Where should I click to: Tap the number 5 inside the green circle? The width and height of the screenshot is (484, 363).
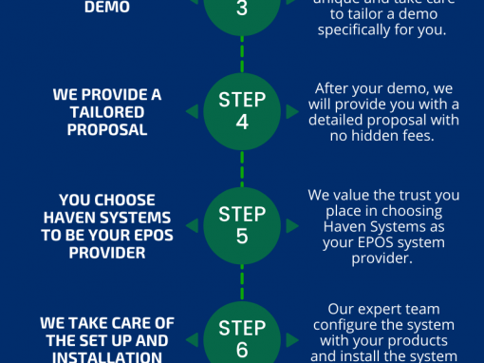pyautogui.click(x=242, y=235)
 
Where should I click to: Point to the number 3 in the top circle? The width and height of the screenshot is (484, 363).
pyautogui.click(x=242, y=8)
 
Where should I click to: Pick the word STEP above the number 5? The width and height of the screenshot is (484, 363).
pyautogui.click(x=242, y=213)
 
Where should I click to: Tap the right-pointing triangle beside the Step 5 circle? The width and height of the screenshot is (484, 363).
pyautogui.click(x=292, y=223)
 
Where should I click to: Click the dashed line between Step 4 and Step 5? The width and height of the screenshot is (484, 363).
pyautogui.click(x=242, y=168)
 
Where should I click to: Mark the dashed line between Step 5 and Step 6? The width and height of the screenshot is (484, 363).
pyautogui.click(x=242, y=280)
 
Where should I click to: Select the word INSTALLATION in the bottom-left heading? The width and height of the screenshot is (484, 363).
pyautogui.click(x=107, y=357)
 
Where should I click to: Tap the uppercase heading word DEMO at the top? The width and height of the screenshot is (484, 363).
pyautogui.click(x=108, y=7)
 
